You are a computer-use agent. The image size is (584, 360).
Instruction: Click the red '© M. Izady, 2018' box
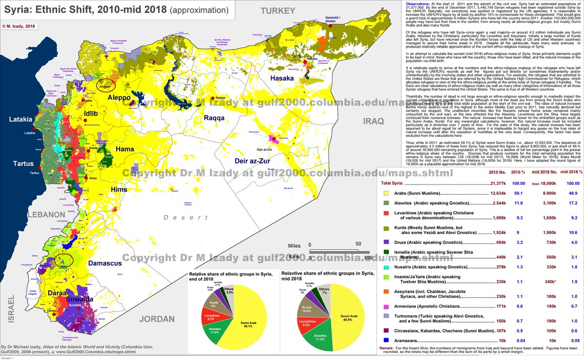pos(19,26)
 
